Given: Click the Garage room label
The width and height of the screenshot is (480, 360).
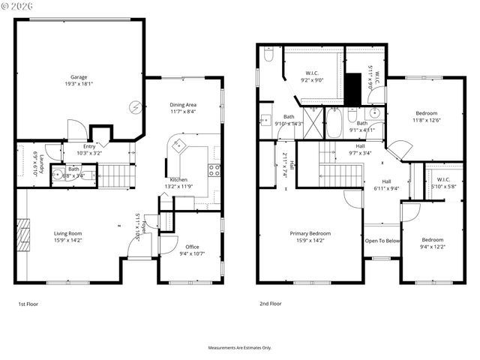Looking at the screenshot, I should coord(78,77).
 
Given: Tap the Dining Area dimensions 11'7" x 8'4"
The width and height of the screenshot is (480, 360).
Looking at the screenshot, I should coord(183,111).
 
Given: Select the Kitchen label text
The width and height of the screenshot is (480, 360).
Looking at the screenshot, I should coord(178,180).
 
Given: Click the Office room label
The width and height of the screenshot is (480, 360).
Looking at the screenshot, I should coord(192,247).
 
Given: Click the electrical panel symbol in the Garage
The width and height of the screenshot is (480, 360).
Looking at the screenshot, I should coord(135,107).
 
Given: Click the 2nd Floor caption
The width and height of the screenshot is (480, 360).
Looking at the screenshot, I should coord(271,304).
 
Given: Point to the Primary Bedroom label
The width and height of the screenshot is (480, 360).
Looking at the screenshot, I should coord(310,234).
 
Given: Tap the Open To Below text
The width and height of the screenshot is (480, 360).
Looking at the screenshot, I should coord(382,241).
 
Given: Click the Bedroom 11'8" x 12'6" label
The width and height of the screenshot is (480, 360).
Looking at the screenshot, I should coord(426,113).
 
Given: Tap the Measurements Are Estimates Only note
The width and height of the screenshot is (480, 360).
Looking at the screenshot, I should coord(239,348).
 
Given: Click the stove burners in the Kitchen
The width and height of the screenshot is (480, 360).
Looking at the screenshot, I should coord(214,170).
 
